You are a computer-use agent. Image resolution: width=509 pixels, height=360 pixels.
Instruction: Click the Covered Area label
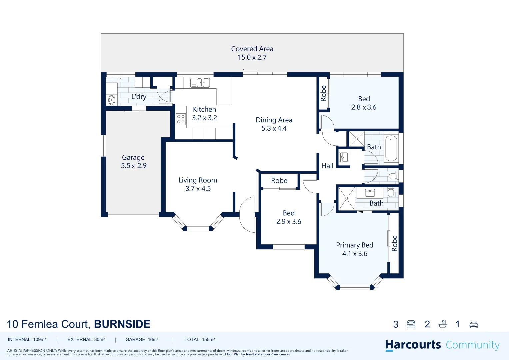tap(252, 49)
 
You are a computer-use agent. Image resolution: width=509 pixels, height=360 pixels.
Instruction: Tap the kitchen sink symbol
tap(200, 82)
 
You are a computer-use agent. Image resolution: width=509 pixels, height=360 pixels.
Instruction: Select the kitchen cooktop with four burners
tap(181, 119)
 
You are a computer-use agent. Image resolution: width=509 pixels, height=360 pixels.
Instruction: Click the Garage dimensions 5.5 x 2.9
tap(134, 166)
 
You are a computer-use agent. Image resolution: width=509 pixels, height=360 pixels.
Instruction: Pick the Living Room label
tap(198, 180)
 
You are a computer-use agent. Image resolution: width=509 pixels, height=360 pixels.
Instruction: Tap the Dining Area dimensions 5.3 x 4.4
tap(274, 128)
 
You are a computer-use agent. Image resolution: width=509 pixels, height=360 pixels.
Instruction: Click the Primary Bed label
tap(354, 245)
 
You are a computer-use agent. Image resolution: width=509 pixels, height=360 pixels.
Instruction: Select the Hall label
tap(327, 166)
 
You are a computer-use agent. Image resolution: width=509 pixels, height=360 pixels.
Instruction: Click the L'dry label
tap(139, 97)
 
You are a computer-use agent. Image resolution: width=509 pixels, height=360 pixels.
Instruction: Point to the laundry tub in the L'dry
tap(112, 99)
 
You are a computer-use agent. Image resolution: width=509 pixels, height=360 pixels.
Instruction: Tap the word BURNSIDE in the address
tap(122, 324)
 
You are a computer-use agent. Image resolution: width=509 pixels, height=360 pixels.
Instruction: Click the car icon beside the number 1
tap(473, 324)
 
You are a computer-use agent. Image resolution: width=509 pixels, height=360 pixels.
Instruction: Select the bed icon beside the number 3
tap(411, 324)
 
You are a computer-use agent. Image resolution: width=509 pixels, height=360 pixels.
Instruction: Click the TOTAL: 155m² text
tap(200, 340)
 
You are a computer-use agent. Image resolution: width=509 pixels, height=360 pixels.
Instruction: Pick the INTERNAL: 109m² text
tap(27, 340)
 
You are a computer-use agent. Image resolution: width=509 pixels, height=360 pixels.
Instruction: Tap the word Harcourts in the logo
tap(413, 345)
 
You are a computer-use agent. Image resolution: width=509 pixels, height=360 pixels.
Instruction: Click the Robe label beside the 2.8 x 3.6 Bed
tap(323, 93)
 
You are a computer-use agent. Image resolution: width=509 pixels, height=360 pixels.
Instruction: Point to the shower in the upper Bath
tap(356, 139)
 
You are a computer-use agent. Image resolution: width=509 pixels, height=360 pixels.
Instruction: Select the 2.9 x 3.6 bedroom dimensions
tap(289, 222)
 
